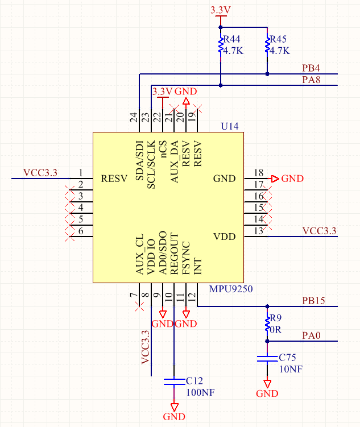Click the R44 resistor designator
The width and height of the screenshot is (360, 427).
(x=231, y=39)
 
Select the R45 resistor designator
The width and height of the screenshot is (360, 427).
(x=278, y=39)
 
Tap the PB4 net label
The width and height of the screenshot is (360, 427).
(x=311, y=68)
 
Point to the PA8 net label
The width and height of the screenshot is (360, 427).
(x=311, y=80)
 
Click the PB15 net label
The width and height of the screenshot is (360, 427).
(x=313, y=301)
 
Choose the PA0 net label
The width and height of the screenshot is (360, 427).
(x=311, y=335)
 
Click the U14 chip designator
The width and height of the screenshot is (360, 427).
(x=230, y=126)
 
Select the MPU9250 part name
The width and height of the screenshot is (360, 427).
(x=231, y=289)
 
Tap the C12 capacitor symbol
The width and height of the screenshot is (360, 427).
(x=174, y=382)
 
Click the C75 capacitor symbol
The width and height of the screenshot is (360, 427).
(x=267, y=358)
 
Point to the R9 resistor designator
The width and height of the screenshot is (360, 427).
(x=276, y=318)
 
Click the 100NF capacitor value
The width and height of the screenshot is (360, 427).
(x=200, y=393)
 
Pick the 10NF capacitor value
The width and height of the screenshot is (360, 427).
(x=291, y=369)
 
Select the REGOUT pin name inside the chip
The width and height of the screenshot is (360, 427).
(x=174, y=254)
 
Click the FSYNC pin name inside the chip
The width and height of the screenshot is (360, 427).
(x=186, y=258)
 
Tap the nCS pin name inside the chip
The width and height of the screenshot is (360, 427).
(x=163, y=149)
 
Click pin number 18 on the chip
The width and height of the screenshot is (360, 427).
(x=258, y=173)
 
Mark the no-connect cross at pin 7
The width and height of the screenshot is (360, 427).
(x=139, y=306)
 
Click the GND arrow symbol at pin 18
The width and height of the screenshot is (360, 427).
(x=275, y=179)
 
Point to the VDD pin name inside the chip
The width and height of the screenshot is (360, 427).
(x=225, y=237)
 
